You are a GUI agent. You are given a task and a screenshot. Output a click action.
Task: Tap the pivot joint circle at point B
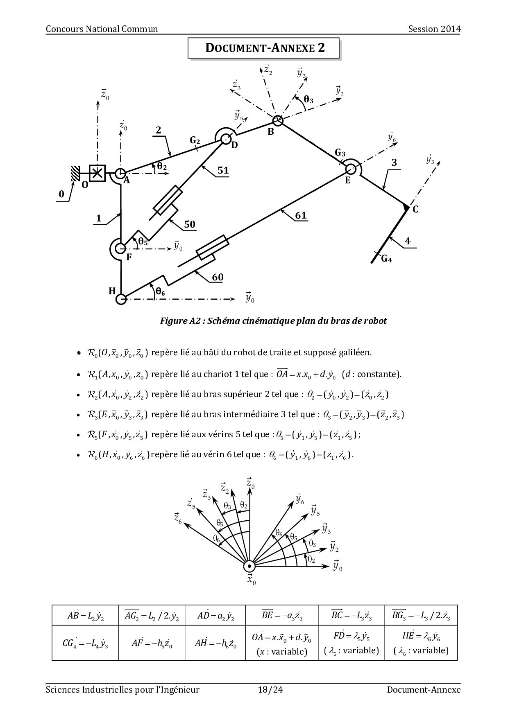(x=278, y=120)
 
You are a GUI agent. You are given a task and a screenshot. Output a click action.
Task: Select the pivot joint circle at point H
(x=121, y=299)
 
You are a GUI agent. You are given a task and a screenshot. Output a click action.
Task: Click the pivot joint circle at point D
(x=226, y=139)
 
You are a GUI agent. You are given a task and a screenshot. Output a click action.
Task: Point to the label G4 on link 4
(x=386, y=259)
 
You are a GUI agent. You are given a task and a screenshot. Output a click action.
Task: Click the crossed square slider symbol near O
(x=97, y=173)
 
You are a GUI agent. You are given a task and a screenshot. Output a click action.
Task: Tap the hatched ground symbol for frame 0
(x=75, y=173)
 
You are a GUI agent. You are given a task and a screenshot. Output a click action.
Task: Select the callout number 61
(x=301, y=216)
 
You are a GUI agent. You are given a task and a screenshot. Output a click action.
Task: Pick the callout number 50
(x=189, y=224)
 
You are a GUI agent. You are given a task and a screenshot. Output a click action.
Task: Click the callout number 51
(x=223, y=171)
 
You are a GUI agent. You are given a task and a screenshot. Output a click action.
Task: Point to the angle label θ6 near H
(x=160, y=291)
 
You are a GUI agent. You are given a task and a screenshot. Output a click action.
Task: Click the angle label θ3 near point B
(x=308, y=100)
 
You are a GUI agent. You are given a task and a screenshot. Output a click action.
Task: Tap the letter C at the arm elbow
(x=415, y=209)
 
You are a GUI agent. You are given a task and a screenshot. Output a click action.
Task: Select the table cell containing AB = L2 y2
(x=85, y=615)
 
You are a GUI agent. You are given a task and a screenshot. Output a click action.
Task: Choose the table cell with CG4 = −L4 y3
(x=85, y=643)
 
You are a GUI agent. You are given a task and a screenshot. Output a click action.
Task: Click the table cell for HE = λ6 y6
(x=421, y=643)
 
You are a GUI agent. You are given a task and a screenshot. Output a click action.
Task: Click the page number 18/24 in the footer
(x=270, y=690)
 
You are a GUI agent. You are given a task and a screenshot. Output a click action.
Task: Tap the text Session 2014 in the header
(x=434, y=29)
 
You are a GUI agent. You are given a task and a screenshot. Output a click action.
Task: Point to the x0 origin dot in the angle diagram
(x=249, y=566)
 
